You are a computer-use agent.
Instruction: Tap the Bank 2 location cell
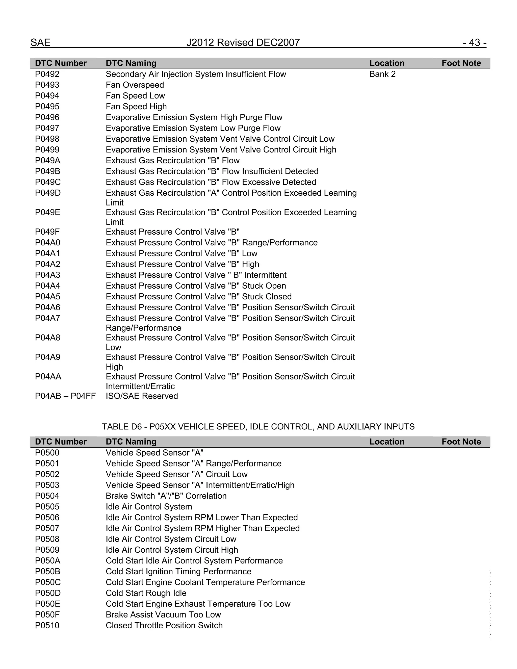382,74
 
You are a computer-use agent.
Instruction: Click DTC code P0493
47,85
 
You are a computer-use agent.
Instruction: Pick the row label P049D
48,193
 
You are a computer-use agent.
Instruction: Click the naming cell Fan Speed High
136,107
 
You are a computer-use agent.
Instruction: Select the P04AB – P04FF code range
65,396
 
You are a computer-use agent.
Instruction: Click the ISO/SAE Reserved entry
142,396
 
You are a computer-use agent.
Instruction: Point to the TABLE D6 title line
258,427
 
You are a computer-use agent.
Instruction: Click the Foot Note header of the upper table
461,63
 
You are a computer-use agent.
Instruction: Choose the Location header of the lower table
387,442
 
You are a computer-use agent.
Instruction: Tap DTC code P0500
47,453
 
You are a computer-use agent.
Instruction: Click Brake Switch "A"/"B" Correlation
166,496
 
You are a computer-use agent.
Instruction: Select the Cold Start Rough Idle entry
146,593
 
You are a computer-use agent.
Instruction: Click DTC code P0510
47,626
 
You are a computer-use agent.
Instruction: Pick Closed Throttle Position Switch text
164,626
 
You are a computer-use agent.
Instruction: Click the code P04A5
48,297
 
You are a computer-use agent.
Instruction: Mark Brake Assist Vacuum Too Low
163,615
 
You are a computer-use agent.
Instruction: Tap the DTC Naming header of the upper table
131,63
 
